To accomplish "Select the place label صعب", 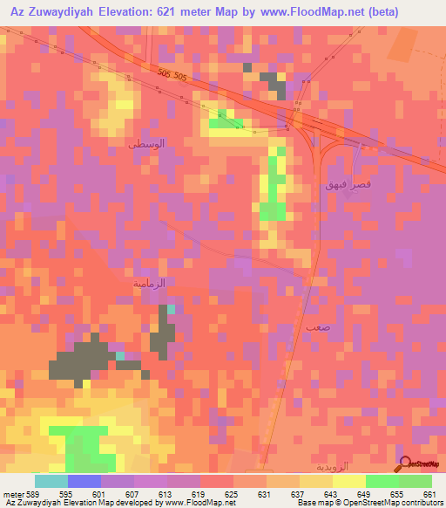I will tap(317, 326).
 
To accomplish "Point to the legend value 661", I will tap(429, 494).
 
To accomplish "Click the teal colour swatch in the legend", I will tap(51, 481).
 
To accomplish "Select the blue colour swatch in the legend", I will tap(84, 481).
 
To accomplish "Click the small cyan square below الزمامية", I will tap(171, 309).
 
